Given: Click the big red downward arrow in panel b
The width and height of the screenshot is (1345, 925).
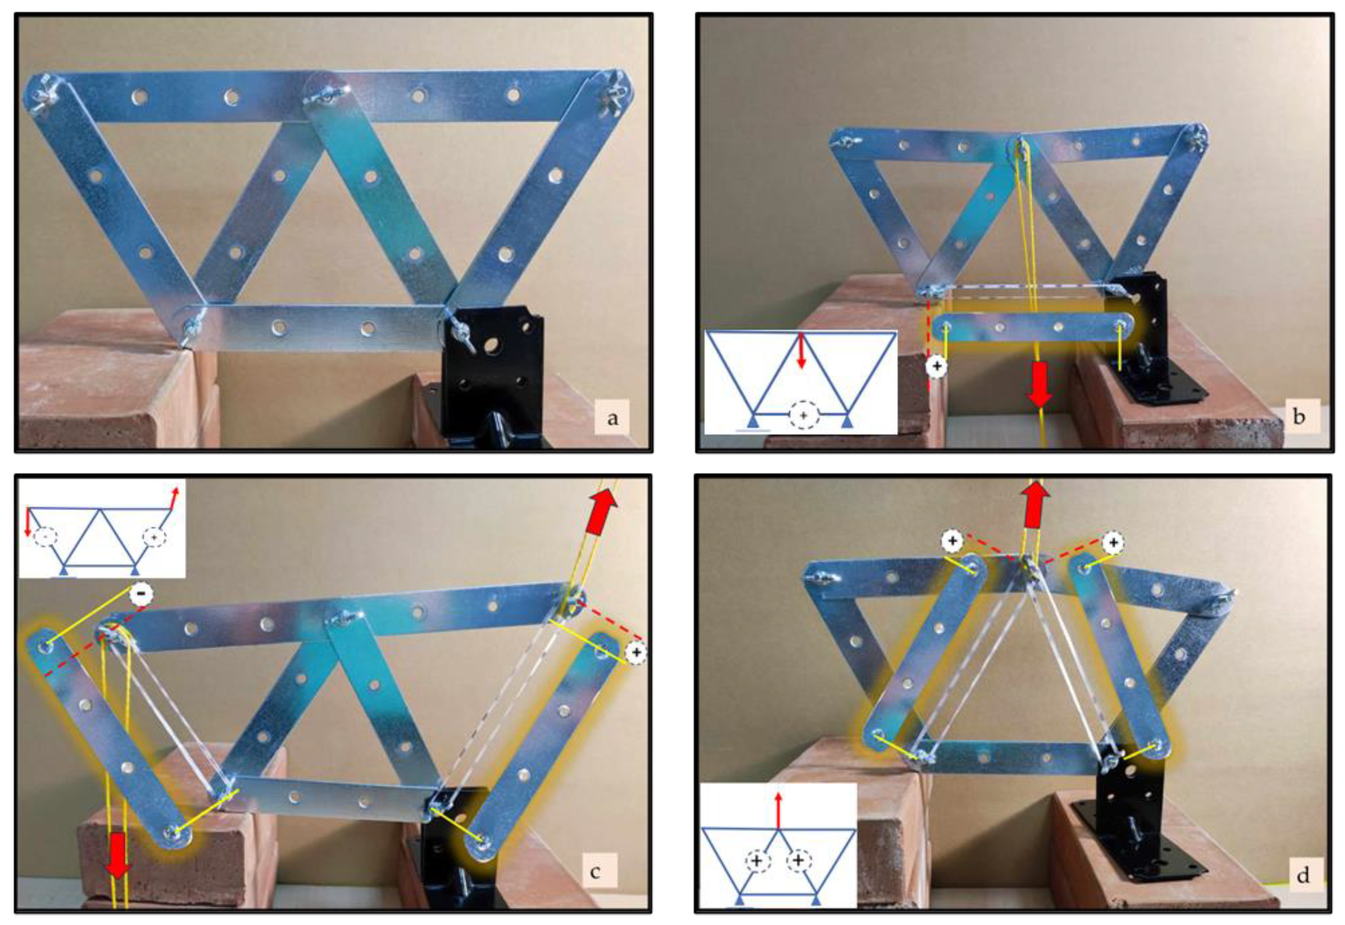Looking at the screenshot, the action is pyautogui.click(x=1040, y=384).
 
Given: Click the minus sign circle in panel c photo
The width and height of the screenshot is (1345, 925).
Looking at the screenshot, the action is pyautogui.click(x=141, y=593).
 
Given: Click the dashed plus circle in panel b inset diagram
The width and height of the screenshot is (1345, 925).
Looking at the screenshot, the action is pyautogui.click(x=803, y=416).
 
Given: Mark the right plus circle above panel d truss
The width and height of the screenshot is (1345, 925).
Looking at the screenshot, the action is pyautogui.click(x=1113, y=542).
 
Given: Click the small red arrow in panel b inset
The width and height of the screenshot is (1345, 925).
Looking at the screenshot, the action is pyautogui.click(x=802, y=350).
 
